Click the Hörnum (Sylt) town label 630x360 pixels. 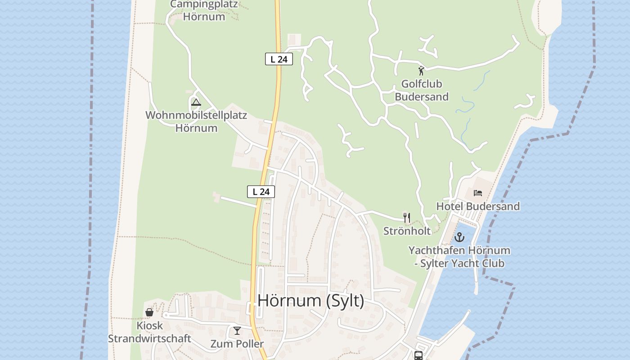click(x=311, y=301)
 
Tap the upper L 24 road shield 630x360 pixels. click(x=279, y=59)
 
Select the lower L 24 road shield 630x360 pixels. click(x=261, y=192)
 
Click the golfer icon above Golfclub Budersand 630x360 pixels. click(x=421, y=71)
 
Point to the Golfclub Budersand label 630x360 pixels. click(x=422, y=90)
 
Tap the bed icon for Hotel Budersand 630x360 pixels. click(x=478, y=193)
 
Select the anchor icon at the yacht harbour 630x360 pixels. click(x=459, y=237)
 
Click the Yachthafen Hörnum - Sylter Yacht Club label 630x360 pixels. click(x=459, y=257)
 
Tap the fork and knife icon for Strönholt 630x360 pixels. click(x=407, y=218)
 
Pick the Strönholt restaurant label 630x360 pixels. click(x=407, y=231)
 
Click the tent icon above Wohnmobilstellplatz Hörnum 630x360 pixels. click(x=196, y=102)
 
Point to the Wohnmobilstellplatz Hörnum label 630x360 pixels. click(x=196, y=121)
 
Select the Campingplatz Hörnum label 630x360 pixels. click(x=204, y=11)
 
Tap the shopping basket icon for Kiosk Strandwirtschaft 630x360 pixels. click(x=149, y=312)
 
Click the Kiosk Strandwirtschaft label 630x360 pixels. click(x=149, y=332)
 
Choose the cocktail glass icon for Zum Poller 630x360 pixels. click(x=237, y=331)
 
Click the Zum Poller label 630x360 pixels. click(x=237, y=344)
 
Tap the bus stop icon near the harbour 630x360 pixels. click(x=418, y=355)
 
